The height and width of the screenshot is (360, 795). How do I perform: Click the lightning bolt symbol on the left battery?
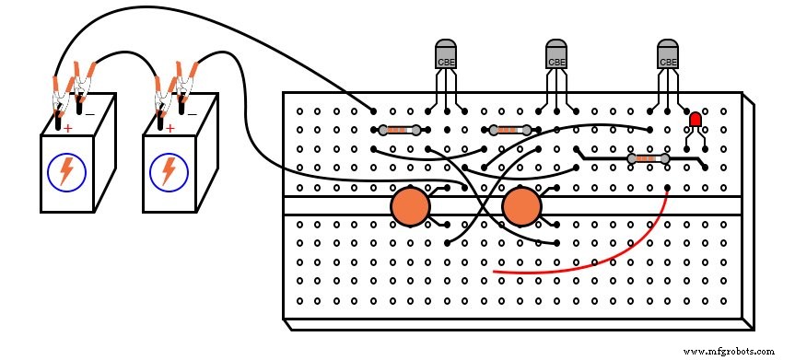(65, 170)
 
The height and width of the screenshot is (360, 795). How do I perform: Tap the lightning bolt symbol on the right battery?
(169, 170)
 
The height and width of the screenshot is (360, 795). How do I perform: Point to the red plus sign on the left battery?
(67, 128)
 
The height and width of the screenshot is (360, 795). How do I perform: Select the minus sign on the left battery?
(89, 114)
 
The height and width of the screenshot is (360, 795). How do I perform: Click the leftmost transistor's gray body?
(446, 52)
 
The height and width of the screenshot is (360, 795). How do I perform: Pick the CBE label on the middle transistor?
(556, 63)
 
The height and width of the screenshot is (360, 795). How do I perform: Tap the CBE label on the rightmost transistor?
(668, 63)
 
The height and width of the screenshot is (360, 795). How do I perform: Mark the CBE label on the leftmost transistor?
(446, 63)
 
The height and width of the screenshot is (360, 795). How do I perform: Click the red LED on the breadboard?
(695, 120)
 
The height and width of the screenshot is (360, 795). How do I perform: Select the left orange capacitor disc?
(410, 206)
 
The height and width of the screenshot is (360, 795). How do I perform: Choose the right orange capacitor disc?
(521, 206)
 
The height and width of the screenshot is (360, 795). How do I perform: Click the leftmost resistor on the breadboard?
(400, 131)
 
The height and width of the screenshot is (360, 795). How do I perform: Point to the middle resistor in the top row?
(510, 131)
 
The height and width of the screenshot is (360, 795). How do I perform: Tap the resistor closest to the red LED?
(648, 159)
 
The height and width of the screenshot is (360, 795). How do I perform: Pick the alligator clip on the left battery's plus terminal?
(60, 92)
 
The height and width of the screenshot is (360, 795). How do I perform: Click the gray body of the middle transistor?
(556, 52)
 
